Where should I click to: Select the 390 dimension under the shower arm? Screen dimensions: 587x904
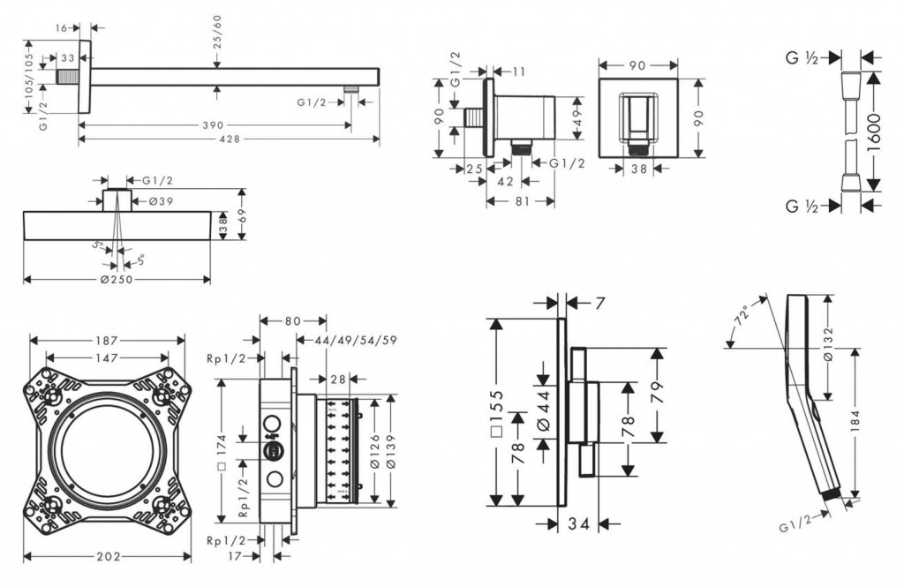coord(213,125)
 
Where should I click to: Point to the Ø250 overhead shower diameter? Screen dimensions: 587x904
coord(117,280)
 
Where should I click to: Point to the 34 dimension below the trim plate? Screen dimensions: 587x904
coord(578,524)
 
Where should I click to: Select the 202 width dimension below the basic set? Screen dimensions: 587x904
coord(106,557)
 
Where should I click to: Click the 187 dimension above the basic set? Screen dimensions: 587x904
coord(108,341)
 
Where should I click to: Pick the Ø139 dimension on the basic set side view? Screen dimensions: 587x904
coord(389,450)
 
